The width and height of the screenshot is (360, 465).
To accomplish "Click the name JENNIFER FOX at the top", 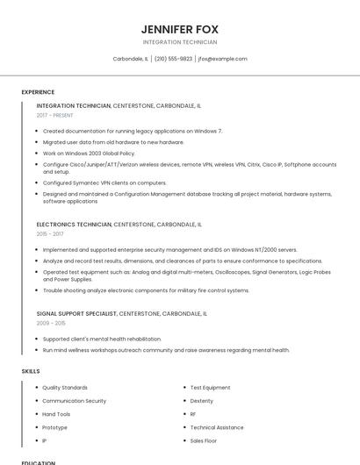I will (180, 27).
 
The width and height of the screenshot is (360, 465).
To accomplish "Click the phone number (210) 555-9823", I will (173, 59).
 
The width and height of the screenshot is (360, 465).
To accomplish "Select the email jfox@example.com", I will (223, 59).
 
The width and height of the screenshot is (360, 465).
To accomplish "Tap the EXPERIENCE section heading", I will (38, 92).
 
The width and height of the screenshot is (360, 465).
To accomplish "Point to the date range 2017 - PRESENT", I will (55, 115).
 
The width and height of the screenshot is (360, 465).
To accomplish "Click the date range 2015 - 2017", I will (50, 234).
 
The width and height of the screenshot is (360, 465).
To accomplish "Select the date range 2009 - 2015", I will (50, 323).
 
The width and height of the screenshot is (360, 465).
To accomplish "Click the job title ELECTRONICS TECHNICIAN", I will (74, 225).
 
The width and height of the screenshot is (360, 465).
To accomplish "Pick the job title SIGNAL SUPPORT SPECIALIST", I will (76, 313).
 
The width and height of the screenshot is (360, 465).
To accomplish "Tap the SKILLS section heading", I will (31, 371).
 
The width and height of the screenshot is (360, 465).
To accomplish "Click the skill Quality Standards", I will (65, 387).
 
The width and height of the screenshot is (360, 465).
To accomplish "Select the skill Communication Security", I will (75, 401).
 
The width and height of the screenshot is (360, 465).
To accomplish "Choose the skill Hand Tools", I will (56, 414).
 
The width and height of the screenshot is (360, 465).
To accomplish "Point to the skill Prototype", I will (54, 427).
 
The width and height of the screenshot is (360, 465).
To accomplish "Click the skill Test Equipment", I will (210, 387).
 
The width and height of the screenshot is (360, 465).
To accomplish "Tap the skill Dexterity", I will (202, 401).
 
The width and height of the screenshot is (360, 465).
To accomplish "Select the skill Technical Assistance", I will (217, 427).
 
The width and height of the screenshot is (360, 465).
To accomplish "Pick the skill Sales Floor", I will (204, 440).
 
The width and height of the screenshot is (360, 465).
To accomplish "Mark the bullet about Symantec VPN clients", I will (104, 182).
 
